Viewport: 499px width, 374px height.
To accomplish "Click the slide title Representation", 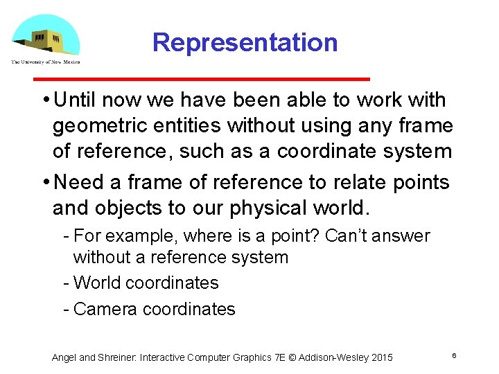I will pyautogui.click(x=245, y=43).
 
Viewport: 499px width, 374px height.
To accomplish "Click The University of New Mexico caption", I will pyautogui.click(x=46, y=62).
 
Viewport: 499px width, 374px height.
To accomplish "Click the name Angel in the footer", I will pyautogui.click(x=64, y=357).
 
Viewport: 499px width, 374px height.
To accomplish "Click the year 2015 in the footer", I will pyautogui.click(x=382, y=357).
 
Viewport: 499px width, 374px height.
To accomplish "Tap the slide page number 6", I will pyautogui.click(x=453, y=355).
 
